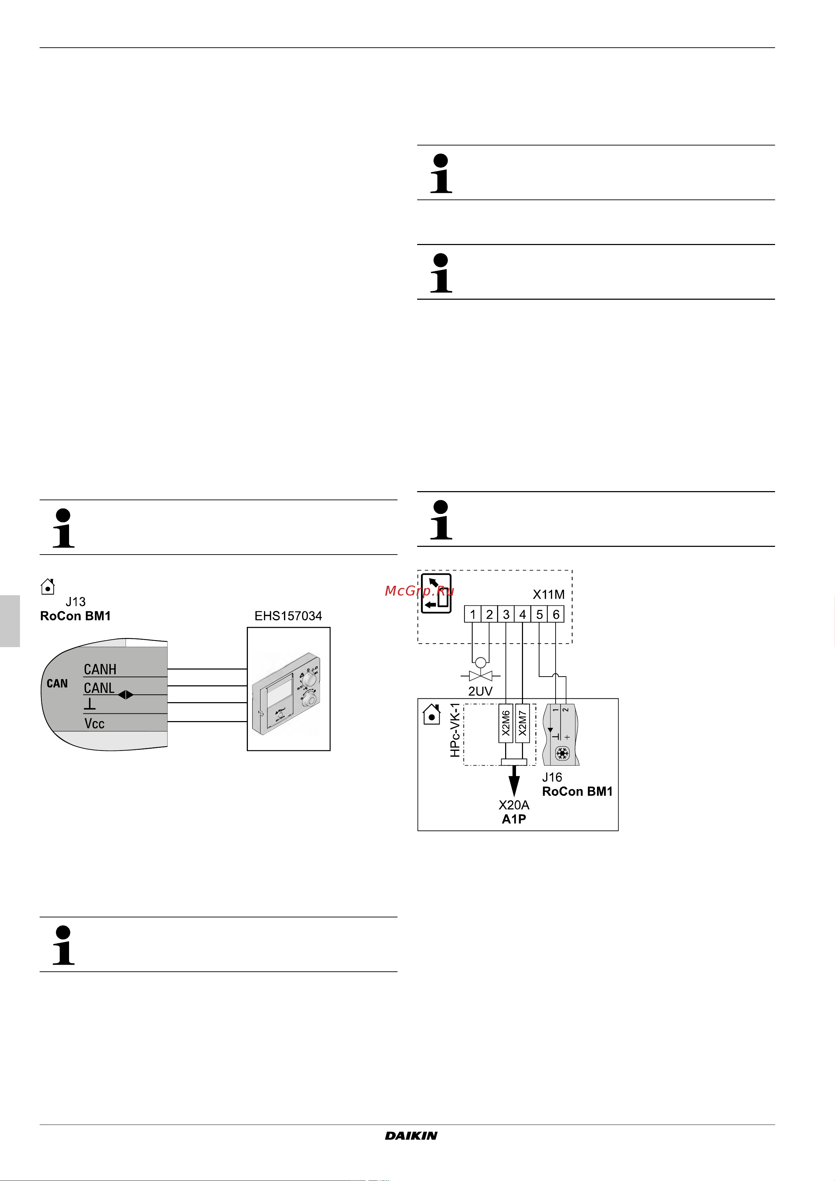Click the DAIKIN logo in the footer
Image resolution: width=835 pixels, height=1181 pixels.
(x=411, y=1136)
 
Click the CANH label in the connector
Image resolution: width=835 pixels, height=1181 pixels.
(x=100, y=669)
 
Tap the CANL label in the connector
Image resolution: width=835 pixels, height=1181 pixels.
(x=99, y=688)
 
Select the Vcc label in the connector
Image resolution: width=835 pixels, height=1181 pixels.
(x=94, y=724)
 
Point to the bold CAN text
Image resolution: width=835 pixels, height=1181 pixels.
(x=57, y=684)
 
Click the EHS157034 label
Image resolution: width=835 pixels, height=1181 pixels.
(x=288, y=616)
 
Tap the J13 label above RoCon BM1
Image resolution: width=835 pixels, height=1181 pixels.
(x=76, y=602)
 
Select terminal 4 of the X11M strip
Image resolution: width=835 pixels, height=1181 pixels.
(x=523, y=614)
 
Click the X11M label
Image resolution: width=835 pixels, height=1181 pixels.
(x=549, y=595)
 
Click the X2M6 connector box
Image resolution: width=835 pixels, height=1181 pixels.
(x=506, y=723)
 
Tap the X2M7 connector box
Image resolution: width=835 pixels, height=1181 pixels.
(x=522, y=723)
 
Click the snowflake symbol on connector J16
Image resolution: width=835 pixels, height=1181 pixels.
(x=562, y=754)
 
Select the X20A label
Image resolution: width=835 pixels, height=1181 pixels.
(x=514, y=805)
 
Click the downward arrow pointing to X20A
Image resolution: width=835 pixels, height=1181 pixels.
(x=514, y=781)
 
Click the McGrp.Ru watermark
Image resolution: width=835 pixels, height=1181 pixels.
(x=419, y=590)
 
